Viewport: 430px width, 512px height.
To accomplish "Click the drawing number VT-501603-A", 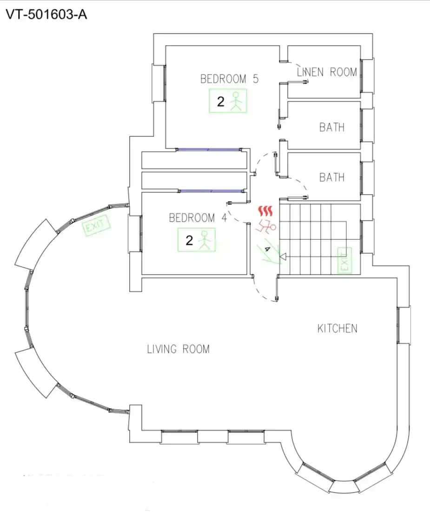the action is point(46,15).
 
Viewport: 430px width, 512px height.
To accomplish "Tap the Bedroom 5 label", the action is point(229,79).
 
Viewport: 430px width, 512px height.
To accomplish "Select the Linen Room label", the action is point(327,72).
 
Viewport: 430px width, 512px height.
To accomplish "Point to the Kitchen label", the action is point(337,329).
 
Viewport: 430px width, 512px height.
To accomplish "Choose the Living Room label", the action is point(179,349).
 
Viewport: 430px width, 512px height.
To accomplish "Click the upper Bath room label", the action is point(332,127).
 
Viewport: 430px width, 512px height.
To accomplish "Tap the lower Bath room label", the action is point(332,177).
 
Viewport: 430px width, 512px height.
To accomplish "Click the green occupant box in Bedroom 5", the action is point(228,101).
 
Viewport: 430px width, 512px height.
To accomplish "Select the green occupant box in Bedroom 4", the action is point(197,240).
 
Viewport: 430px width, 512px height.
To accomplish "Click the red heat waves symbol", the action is point(265,211).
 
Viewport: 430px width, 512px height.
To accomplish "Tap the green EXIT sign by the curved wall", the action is point(96,225).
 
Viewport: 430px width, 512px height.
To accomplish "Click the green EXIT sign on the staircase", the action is point(344,260).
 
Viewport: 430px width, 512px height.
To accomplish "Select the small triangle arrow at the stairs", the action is point(283,257).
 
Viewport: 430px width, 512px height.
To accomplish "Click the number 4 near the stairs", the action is point(267,249).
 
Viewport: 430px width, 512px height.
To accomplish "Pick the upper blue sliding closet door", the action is point(209,149).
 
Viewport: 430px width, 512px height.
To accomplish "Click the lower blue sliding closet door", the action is point(211,191).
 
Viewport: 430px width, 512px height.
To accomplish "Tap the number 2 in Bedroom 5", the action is point(221,101).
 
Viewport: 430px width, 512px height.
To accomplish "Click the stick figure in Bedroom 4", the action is point(205,240).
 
